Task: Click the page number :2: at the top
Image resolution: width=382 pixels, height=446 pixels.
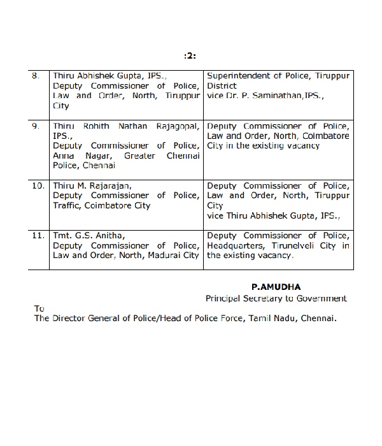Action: (190, 56)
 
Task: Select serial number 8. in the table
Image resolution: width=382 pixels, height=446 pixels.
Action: (36, 76)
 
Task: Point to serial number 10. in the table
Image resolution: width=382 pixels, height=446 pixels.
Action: (38, 186)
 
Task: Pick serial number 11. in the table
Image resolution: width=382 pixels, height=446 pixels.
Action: (38, 236)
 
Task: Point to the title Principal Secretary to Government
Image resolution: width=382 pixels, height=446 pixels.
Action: (276, 298)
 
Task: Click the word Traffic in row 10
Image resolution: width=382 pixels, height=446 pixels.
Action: (69, 206)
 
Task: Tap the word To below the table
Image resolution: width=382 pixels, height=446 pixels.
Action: (39, 308)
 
